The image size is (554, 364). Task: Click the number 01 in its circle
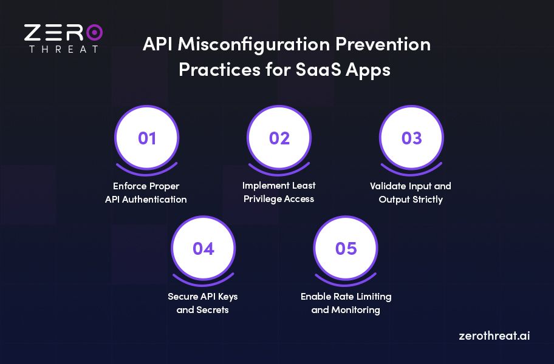147,138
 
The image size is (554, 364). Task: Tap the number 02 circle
279,138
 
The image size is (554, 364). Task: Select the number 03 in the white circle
411,138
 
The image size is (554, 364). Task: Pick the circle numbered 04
203,249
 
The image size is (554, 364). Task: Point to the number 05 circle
346,249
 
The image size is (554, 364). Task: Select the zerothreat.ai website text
494,335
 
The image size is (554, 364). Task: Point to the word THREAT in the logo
63,49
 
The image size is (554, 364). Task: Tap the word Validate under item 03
389,186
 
